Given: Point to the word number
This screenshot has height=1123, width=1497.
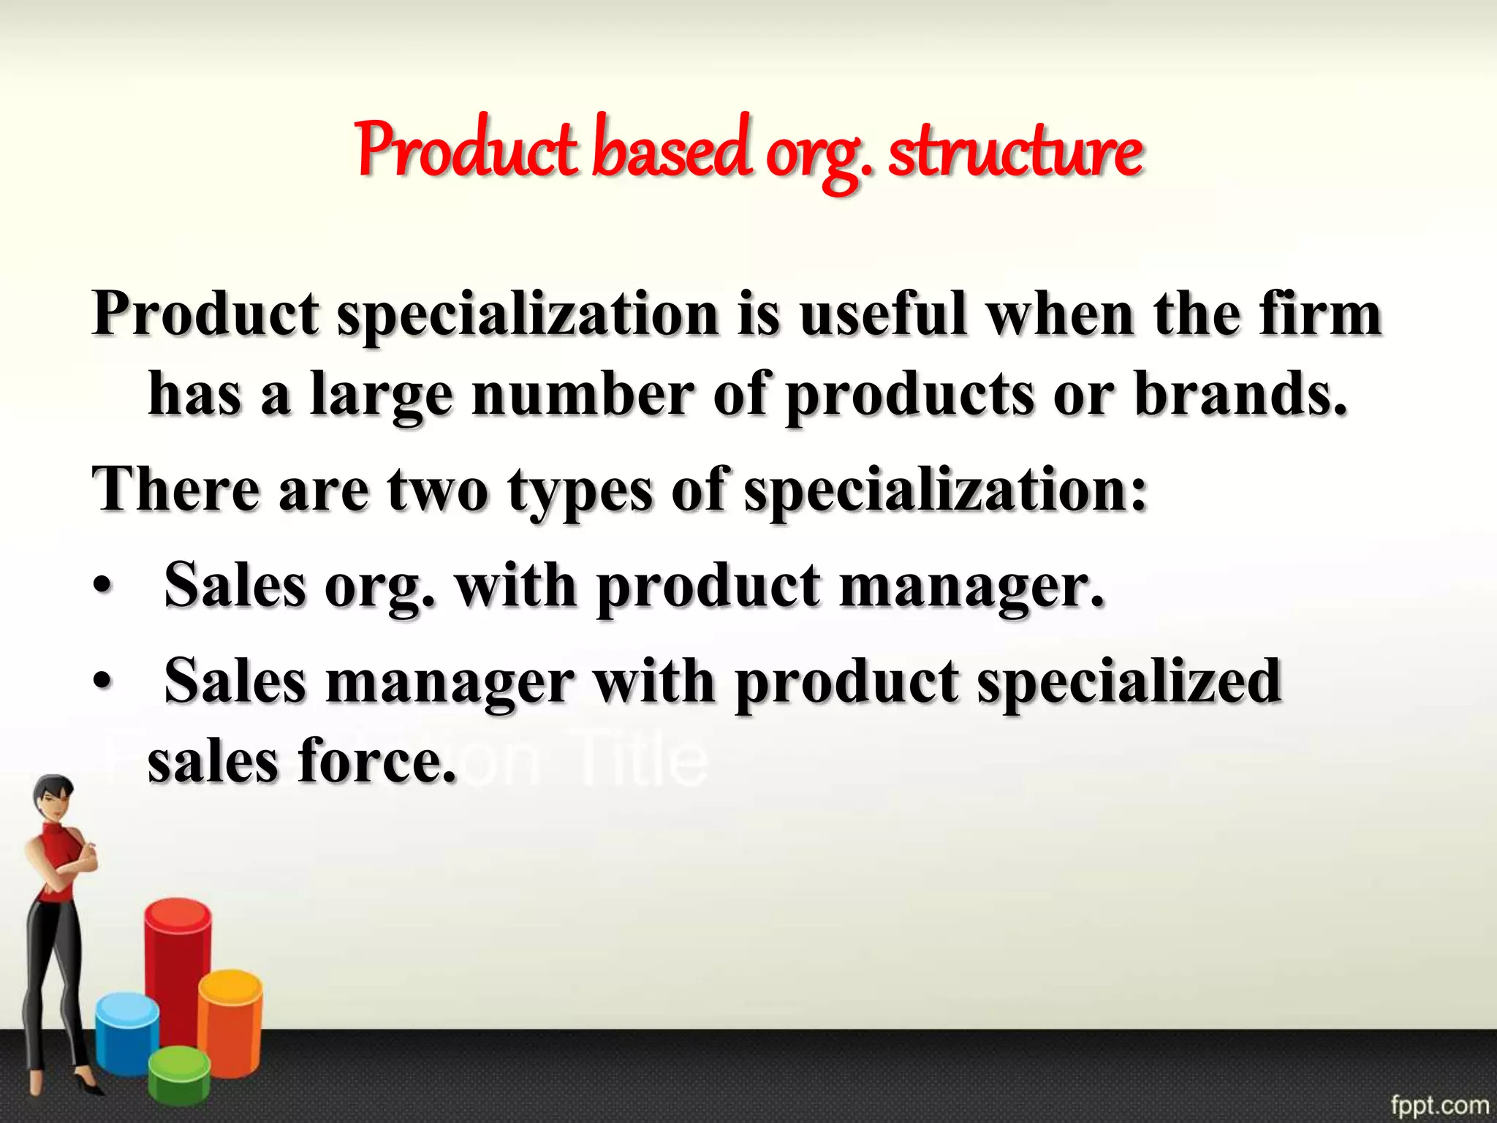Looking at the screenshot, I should (582, 395).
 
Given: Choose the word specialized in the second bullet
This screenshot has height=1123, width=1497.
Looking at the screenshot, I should (1129, 683).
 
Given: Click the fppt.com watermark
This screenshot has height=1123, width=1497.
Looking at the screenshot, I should (1439, 1105).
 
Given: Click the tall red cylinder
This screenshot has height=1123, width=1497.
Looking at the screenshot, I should (177, 965).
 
